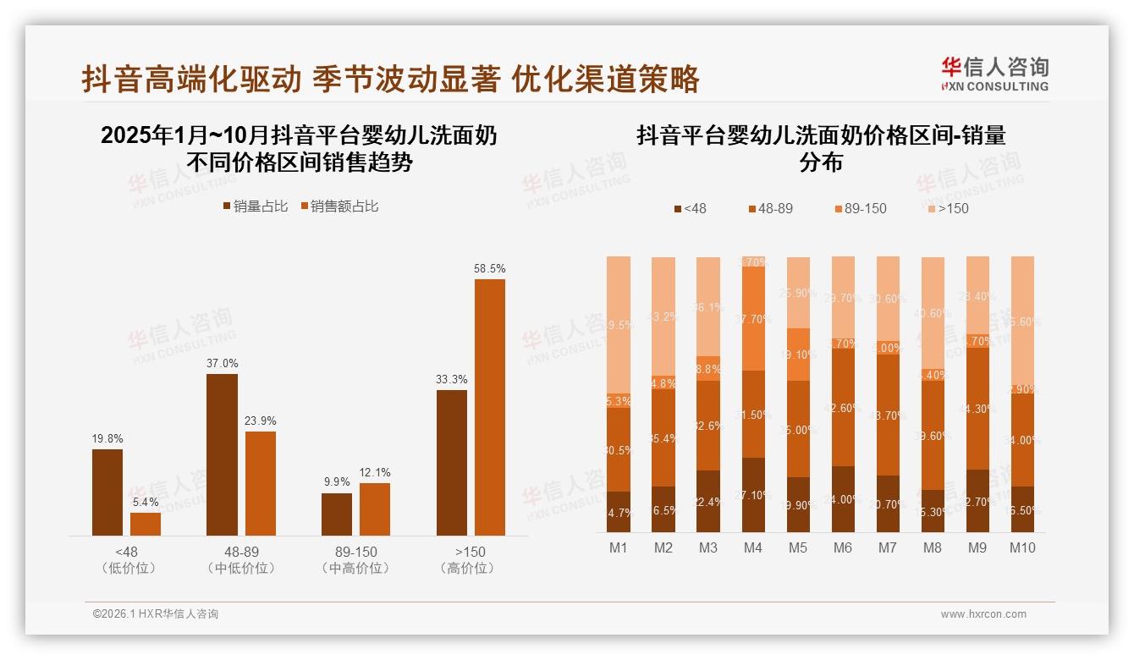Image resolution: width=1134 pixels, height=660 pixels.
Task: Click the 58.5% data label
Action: (490, 268)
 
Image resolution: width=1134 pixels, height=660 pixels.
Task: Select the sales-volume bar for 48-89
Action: (222, 454)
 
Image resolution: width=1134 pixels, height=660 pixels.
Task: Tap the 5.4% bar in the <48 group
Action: (146, 524)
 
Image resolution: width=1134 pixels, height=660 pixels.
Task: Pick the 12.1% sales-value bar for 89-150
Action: (375, 509)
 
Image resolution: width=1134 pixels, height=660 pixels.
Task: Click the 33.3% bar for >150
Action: (452, 462)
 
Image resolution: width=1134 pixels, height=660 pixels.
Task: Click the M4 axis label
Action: (753, 548)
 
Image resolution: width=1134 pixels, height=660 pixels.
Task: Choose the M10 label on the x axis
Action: (1023, 548)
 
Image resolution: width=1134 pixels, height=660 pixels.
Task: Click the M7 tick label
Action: (888, 548)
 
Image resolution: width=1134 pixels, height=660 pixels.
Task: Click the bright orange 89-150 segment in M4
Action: (753, 318)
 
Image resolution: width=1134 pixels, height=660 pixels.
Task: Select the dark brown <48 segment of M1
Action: (619, 512)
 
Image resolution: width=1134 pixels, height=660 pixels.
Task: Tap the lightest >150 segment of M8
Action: (933, 313)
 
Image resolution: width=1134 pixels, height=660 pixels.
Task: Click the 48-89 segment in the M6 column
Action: (843, 407)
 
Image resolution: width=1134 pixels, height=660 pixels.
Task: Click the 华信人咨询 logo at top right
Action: (994, 74)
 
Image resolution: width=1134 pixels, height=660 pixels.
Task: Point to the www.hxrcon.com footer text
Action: (983, 614)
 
